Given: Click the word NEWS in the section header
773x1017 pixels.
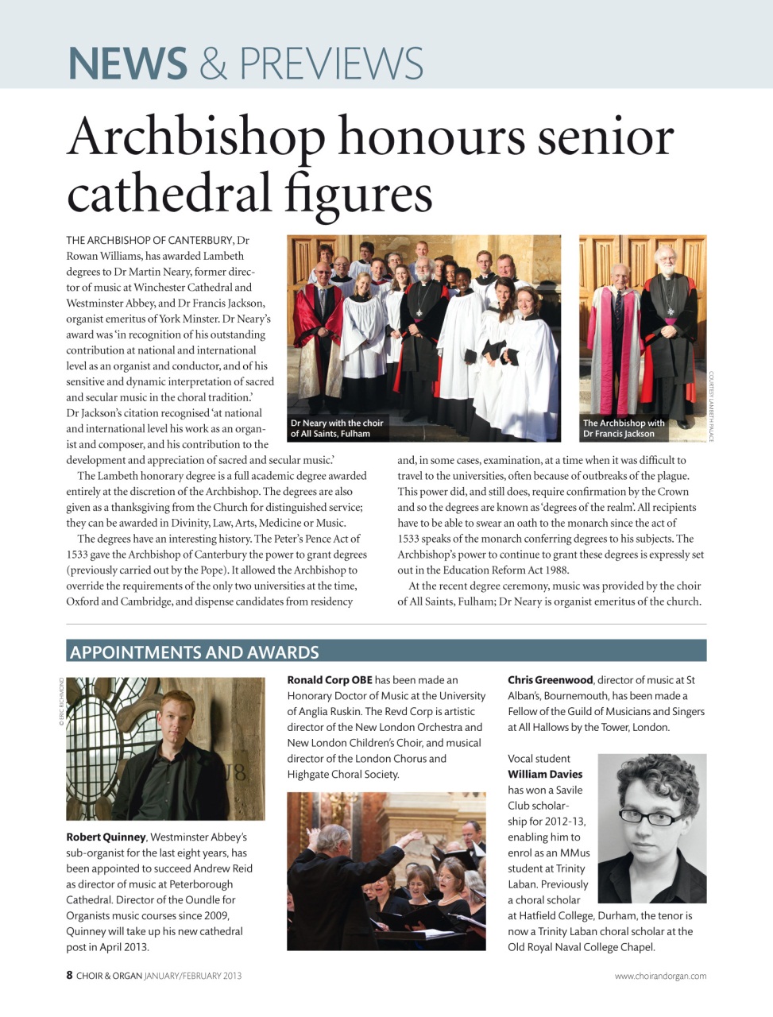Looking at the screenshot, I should (127, 64).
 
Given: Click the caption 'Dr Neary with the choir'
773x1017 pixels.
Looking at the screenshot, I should (337, 423).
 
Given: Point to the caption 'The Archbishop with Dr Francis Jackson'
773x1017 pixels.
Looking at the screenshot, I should (624, 428).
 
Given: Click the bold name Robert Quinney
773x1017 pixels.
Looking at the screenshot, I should (106, 837).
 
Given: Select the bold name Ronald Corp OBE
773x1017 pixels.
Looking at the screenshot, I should (330, 680).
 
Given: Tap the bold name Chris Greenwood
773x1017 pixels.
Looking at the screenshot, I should (551, 680).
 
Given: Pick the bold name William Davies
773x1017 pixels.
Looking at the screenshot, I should (545, 774).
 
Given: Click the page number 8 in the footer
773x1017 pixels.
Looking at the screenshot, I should (70, 975).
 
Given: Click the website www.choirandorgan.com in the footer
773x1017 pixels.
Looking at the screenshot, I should (660, 976).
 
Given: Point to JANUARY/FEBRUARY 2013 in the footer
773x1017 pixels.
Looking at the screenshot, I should (193, 976).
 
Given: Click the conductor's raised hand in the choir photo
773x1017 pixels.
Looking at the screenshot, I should (412, 836).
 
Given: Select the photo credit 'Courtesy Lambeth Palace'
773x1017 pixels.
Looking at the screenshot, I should (712, 406).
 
